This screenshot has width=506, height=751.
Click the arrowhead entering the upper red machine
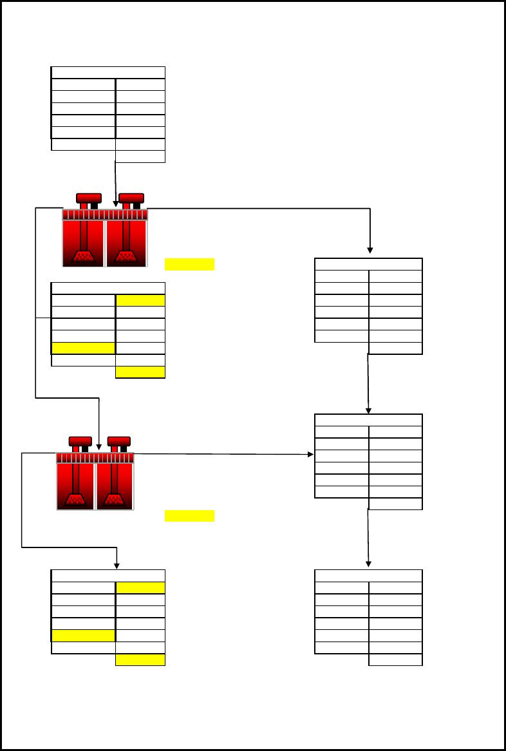click(x=116, y=204)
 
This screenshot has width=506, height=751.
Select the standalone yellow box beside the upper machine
click(x=189, y=264)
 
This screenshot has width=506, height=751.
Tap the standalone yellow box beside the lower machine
click(x=189, y=515)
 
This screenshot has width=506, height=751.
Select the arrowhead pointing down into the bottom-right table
click(x=368, y=565)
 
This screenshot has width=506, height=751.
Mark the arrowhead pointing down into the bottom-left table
click(x=117, y=566)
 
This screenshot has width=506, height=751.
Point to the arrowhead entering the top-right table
click(x=370, y=251)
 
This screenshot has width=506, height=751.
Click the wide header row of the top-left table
click(x=108, y=72)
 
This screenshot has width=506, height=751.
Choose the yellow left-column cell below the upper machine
click(x=84, y=348)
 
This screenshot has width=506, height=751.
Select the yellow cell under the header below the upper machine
click(x=140, y=300)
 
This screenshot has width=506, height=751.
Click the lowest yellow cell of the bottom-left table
click(x=140, y=660)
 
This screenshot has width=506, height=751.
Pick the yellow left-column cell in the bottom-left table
click(x=84, y=636)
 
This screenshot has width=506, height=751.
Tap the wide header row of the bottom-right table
click(x=368, y=576)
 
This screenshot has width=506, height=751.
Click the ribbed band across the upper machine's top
click(x=105, y=214)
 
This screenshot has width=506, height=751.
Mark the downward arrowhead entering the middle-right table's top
click(x=368, y=410)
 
